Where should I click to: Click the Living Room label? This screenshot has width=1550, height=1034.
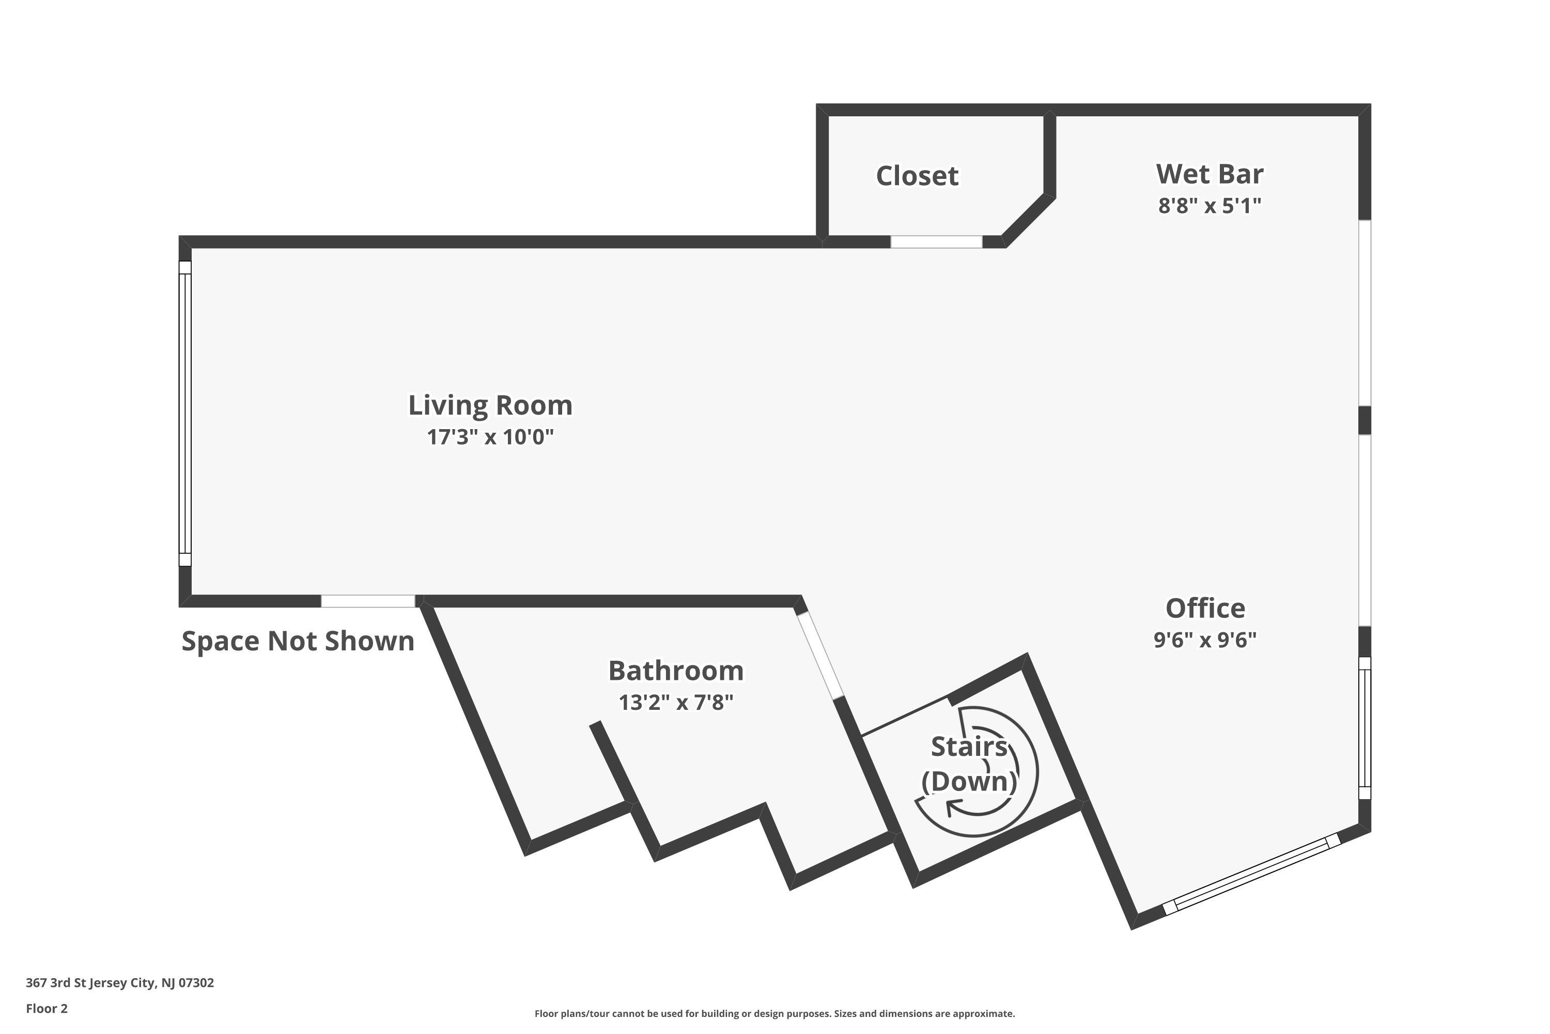(x=490, y=405)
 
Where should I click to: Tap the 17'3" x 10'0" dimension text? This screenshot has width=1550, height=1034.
(x=490, y=436)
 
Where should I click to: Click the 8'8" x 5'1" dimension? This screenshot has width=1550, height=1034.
(x=1210, y=205)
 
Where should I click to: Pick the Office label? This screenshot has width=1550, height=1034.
(x=1205, y=608)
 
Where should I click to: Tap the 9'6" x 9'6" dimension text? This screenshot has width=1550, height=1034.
(x=1205, y=640)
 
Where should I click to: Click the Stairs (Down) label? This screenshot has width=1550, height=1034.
(x=969, y=764)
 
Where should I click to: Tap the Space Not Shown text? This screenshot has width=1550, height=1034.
(x=298, y=641)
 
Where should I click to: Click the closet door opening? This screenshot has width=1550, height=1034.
(x=936, y=242)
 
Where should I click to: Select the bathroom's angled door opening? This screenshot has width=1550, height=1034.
(x=820, y=656)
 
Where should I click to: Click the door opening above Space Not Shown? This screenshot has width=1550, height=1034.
(x=368, y=601)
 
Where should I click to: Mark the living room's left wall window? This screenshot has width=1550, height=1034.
(x=185, y=414)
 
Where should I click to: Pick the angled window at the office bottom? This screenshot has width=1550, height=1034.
(x=1251, y=874)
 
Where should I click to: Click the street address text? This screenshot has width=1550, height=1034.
(x=120, y=983)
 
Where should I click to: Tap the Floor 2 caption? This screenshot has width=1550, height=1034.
(x=47, y=1008)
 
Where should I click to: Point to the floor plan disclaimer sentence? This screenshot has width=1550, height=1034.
(x=774, y=1013)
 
